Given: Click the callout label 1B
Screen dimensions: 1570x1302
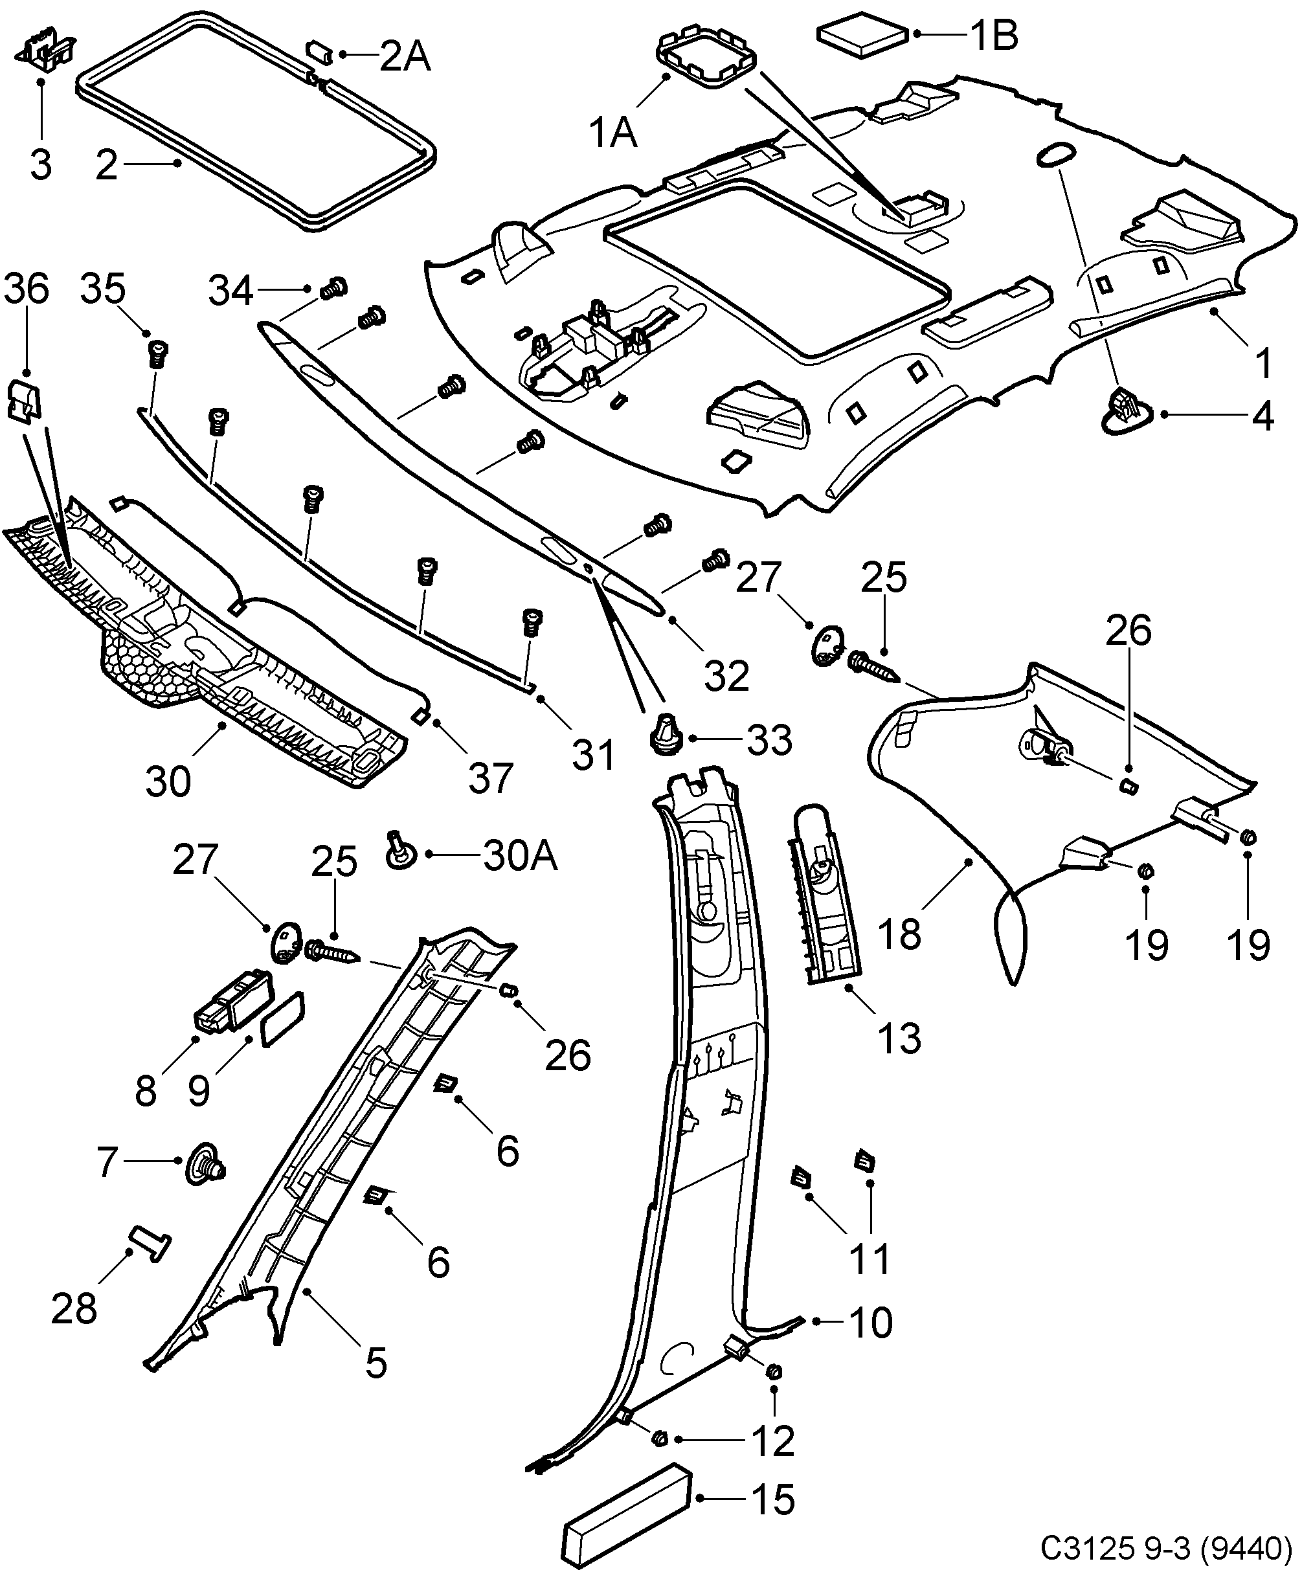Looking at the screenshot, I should (993, 34).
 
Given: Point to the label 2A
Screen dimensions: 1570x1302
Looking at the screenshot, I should (405, 57).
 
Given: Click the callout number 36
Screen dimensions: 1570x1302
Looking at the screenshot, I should (27, 290).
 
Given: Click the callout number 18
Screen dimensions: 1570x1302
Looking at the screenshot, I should (900, 934).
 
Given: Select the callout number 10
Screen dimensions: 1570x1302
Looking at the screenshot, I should (871, 1323).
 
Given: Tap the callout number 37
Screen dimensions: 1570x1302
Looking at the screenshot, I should (490, 778).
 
